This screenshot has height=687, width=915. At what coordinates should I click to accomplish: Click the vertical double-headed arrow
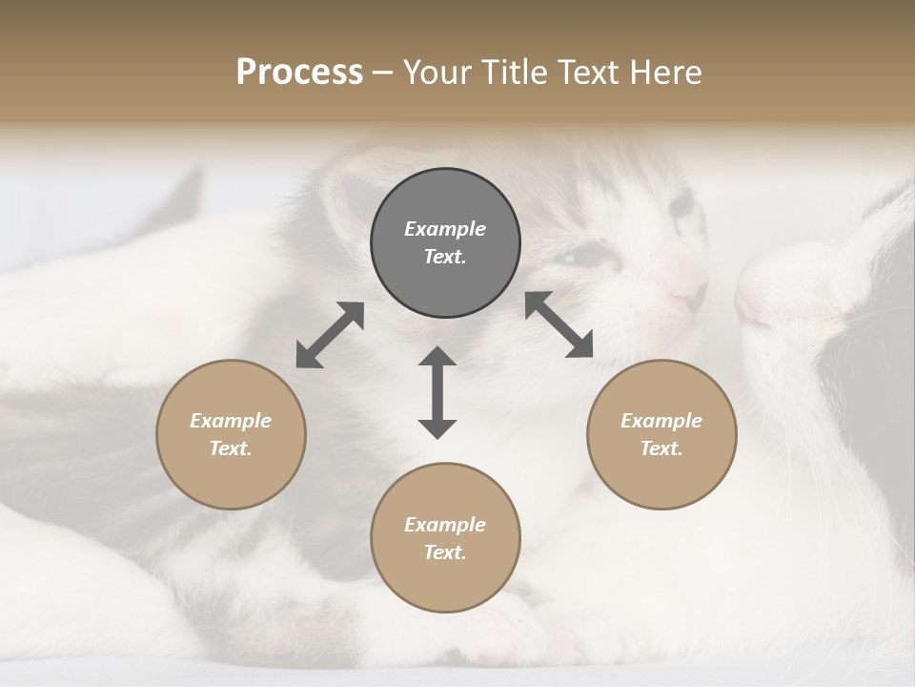click(437, 392)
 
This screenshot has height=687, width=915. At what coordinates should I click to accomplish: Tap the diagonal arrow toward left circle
click(330, 335)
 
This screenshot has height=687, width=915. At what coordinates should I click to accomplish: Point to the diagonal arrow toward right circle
click(559, 324)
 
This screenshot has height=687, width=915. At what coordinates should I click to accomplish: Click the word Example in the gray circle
click(445, 229)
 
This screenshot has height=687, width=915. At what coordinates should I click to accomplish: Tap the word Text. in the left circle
click(231, 448)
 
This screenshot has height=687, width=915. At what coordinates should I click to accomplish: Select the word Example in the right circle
click(661, 421)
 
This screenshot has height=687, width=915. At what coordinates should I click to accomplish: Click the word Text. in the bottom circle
click(445, 552)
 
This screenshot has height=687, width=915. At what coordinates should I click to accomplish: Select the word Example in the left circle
click(231, 421)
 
